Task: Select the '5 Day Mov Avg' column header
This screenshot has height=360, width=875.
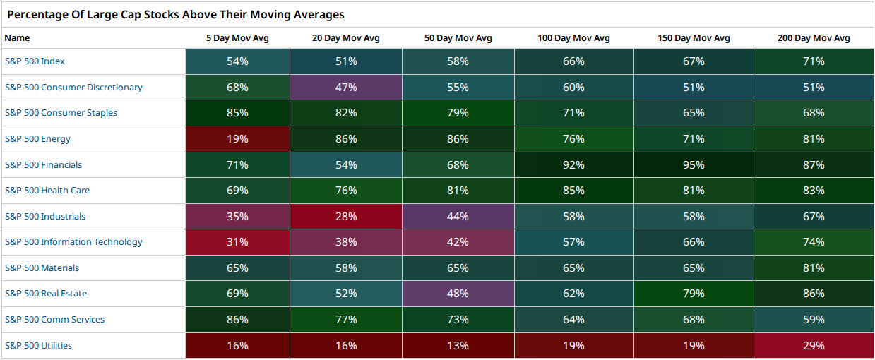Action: [237, 38]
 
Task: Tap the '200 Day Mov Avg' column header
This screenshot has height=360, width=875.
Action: [814, 38]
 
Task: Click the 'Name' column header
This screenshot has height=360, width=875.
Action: [17, 38]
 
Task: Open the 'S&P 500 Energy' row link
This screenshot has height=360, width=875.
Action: [37, 139]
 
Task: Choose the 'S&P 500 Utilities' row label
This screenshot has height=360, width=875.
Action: [38, 346]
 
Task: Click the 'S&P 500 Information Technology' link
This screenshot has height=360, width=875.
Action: [73, 242]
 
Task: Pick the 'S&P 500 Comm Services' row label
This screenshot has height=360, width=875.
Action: [54, 319]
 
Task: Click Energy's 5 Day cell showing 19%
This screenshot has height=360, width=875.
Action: [237, 139]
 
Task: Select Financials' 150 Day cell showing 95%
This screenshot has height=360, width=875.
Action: [694, 164]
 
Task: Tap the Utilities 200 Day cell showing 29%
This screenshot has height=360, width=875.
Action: [814, 346]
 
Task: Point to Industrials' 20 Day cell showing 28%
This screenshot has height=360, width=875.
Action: [346, 216]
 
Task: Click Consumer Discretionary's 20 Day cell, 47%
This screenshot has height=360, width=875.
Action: [346, 87]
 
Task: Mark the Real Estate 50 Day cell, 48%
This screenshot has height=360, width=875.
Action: [458, 293]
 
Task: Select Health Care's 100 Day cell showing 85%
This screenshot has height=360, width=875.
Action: [574, 191]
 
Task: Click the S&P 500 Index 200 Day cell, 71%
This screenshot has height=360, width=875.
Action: [814, 61]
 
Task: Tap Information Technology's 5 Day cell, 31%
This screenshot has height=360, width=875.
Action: [237, 242]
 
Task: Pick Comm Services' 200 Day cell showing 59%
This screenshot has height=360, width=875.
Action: [814, 319]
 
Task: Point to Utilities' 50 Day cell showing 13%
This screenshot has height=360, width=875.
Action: [458, 346]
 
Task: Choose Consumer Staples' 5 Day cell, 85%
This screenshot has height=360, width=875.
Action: [237, 113]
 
